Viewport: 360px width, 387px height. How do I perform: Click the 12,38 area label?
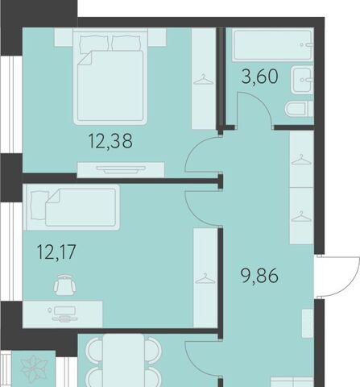110,141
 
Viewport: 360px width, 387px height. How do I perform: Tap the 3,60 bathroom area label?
259,77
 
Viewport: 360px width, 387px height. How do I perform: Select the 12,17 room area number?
56,252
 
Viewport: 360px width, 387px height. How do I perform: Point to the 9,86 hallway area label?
259,276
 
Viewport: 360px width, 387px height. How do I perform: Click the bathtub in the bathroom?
273,45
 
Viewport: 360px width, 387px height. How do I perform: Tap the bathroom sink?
302,80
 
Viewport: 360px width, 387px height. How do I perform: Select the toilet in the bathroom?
299,109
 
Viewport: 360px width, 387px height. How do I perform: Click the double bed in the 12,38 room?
110,77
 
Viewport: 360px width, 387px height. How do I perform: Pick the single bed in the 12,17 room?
72,207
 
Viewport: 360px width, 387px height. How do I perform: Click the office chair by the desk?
64,285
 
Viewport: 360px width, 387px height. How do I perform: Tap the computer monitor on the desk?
64,314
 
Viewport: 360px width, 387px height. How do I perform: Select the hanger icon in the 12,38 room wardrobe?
204,80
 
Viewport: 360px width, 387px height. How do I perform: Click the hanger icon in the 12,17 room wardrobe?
205,278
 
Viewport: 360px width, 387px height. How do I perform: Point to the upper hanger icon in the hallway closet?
301,160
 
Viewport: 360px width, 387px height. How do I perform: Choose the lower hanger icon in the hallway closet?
301,217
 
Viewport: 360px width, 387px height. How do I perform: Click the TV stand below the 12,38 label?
121,169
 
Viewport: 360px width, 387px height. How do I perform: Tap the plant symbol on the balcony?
34,368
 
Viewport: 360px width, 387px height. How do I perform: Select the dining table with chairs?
124,360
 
